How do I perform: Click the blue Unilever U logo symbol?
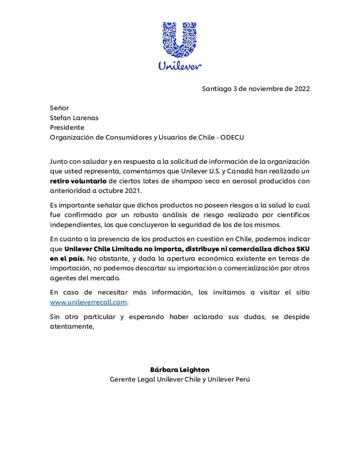[180, 40]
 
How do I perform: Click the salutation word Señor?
[59, 108]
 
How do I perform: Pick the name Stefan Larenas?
[74, 118]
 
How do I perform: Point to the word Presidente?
[67, 127]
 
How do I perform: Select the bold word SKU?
[301, 249]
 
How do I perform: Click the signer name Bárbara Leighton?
[180, 370]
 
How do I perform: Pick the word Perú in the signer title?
[241, 380]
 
